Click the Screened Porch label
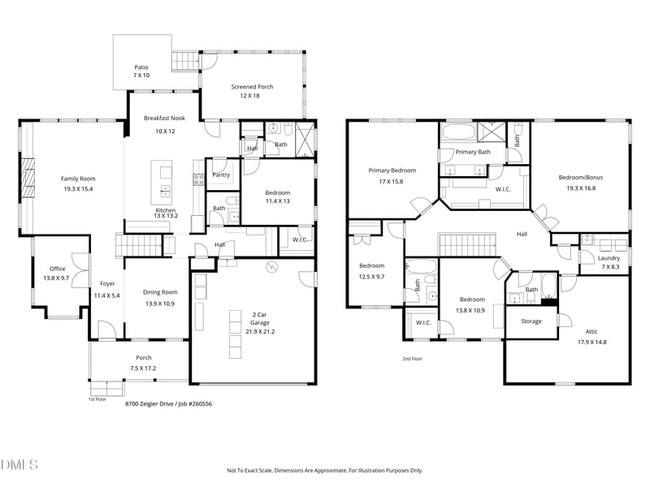[x=252, y=87]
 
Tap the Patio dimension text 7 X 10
[x=141, y=75]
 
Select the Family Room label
[x=78, y=179]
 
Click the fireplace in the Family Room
[x=28, y=179]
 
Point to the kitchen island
[x=162, y=183]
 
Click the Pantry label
[x=221, y=175]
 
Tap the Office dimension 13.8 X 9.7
[x=56, y=278]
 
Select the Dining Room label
[x=160, y=292]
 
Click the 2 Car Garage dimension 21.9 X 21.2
[x=260, y=331]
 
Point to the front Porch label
[x=144, y=357]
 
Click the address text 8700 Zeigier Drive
[x=149, y=403]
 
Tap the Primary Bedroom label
[x=392, y=170]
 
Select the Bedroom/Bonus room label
[x=581, y=177]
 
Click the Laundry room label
[x=609, y=258]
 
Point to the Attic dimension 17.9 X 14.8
[x=592, y=342]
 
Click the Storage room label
[x=531, y=321]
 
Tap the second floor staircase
[x=467, y=245]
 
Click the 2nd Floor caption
[x=412, y=359]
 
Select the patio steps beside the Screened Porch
[x=185, y=62]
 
